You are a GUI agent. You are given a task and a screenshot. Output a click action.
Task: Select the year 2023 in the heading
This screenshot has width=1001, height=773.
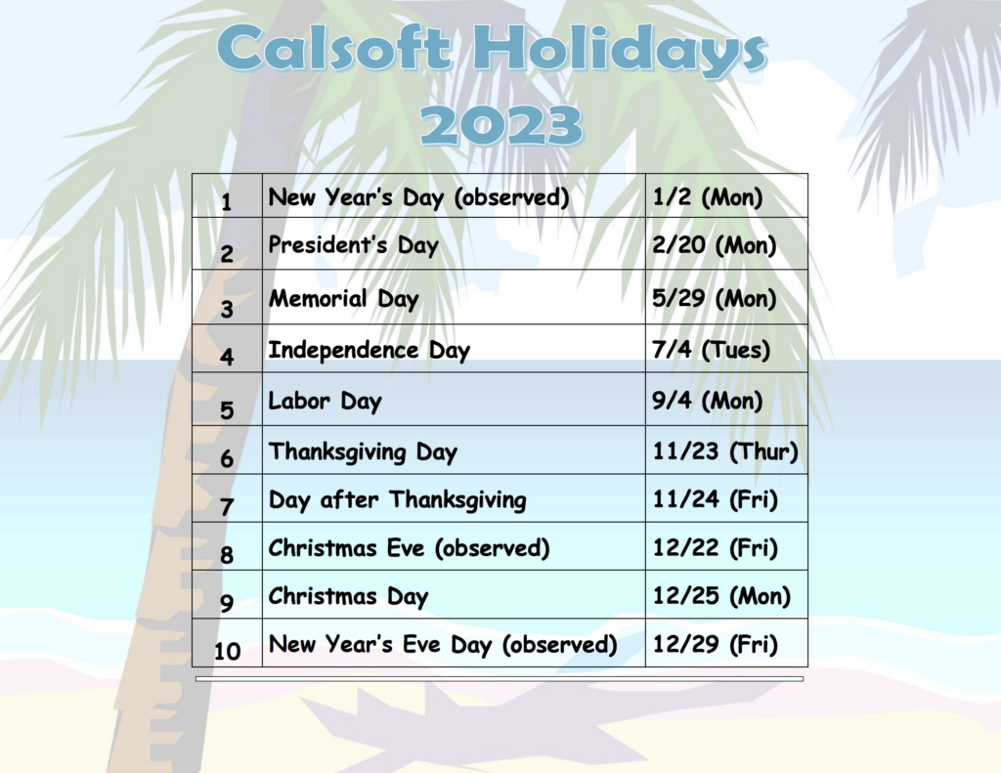[501, 124]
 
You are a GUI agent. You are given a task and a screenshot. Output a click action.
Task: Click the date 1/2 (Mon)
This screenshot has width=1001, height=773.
[708, 196]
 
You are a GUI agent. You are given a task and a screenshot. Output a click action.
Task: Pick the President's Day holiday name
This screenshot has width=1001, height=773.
[353, 245]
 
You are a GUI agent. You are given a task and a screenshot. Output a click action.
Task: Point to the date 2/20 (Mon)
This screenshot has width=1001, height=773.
[714, 245]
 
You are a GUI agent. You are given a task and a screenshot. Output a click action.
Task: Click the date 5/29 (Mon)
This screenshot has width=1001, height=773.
[714, 298]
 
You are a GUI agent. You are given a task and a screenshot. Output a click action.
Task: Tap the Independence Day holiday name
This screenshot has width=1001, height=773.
[369, 350]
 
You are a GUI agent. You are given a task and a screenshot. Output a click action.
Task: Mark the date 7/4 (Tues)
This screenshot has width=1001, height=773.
[711, 350]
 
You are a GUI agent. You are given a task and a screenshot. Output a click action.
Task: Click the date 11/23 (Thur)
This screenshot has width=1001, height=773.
[725, 451]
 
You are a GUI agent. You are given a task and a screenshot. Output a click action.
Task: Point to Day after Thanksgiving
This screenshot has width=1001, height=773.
[397, 499]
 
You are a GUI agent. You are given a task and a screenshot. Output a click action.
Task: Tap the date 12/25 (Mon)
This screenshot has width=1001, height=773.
[721, 596]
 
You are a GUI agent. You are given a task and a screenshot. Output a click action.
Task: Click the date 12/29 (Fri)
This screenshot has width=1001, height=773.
[715, 644]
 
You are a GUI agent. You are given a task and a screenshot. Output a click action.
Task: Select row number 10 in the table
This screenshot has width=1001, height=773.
[227, 651]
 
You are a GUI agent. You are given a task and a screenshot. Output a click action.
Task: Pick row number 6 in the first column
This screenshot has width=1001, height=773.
[227, 458]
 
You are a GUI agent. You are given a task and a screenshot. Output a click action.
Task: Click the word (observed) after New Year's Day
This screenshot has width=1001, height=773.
[511, 197]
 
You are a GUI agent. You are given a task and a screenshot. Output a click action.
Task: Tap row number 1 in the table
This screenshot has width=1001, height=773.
[226, 202]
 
